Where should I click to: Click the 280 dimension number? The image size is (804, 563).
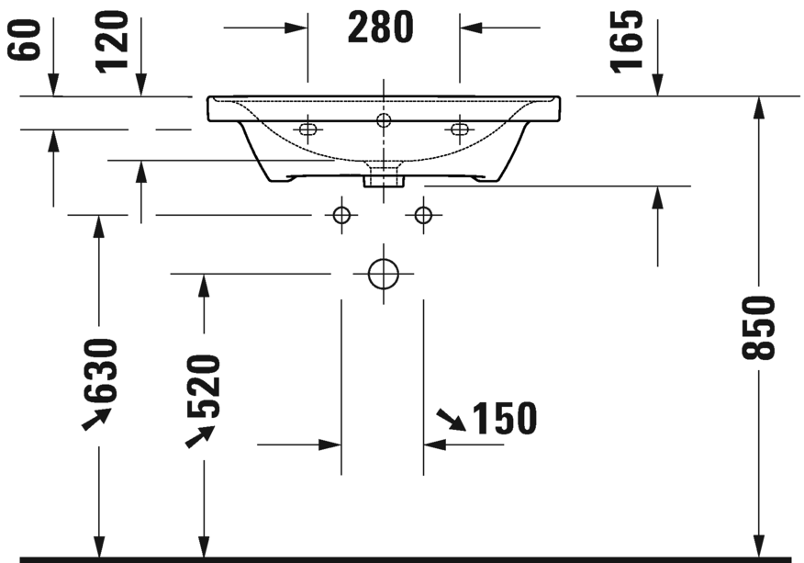click(x=381, y=28)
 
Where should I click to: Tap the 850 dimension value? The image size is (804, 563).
click(x=761, y=327)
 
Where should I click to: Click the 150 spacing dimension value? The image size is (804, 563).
click(x=503, y=419)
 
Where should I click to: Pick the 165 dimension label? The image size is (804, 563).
click(x=628, y=41)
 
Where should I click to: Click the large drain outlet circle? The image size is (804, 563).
click(x=383, y=274)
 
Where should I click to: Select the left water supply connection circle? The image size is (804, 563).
click(x=341, y=215)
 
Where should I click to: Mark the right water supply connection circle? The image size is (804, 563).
click(x=423, y=215)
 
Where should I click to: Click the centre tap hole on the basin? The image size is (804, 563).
click(x=383, y=119)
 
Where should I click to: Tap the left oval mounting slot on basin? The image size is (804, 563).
click(x=307, y=129)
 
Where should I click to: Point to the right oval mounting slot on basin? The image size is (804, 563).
click(x=458, y=129)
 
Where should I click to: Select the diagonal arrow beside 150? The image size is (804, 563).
click(x=450, y=421)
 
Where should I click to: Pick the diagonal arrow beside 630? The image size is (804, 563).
click(x=95, y=420)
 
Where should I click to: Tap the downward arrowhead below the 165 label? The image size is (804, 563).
click(x=657, y=84)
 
